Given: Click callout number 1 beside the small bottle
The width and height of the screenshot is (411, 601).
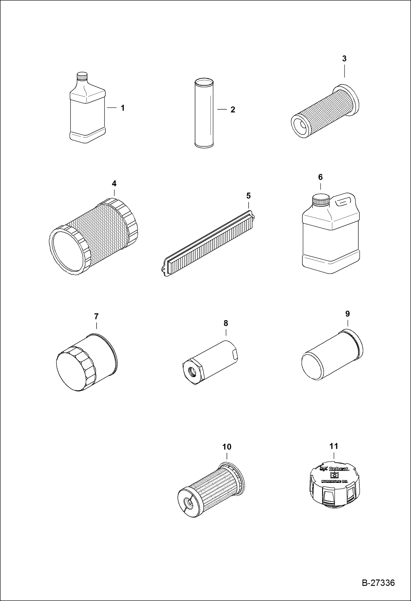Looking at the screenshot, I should tap(123, 108).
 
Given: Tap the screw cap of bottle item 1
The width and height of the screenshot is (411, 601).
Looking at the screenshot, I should tap(82, 76).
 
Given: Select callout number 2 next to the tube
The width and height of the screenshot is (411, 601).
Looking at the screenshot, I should tap(233, 110).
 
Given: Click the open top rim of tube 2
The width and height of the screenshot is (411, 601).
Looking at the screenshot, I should tap(204, 81).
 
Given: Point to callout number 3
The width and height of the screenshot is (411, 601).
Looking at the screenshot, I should tap(344, 58).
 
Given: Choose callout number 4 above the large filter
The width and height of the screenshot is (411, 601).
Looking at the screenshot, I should tap(114, 183).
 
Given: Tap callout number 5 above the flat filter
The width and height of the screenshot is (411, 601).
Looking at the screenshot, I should tap(248, 196).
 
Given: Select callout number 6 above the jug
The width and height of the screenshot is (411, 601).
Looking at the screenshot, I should tap(320, 177).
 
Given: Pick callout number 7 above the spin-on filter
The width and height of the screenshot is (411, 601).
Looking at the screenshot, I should tap(96, 317).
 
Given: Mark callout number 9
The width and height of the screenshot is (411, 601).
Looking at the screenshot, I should tap(347, 314).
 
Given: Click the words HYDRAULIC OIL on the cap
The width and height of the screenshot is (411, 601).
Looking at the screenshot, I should tap(334, 482).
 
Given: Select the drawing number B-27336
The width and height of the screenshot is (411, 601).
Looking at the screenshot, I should tap(378, 583).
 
